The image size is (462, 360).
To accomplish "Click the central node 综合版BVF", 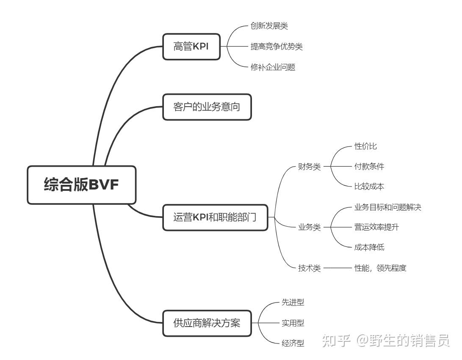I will tap(82, 185).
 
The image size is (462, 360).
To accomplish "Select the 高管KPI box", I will tap(191, 47).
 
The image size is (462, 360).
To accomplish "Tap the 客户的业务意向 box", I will tap(207, 107).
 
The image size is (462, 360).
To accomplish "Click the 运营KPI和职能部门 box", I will tap(215, 218).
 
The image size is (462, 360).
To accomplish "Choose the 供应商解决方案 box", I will tap(207, 323).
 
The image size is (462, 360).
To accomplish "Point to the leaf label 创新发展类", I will tap(269, 26).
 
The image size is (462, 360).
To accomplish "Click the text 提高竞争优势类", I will tap(277, 47).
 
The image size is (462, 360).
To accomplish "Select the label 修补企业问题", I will tap(273, 67).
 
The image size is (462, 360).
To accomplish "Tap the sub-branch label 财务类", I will tap(309, 167).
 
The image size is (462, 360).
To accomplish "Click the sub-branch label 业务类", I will tap(309, 228).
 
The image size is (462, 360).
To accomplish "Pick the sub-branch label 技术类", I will tap(309, 268).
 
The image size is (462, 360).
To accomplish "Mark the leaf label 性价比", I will tap(365, 146).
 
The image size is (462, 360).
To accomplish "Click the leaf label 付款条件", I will tap(369, 167).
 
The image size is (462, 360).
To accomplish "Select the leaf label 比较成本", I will tap(369, 187).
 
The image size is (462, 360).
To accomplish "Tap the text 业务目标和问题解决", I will tap(387, 207).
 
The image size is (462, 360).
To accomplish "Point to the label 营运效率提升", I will tap(376, 228).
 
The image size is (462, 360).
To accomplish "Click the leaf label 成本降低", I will tap(369, 247).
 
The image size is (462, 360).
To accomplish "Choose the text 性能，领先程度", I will tap(380, 268).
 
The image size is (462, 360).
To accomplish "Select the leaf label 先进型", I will tap(293, 302).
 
